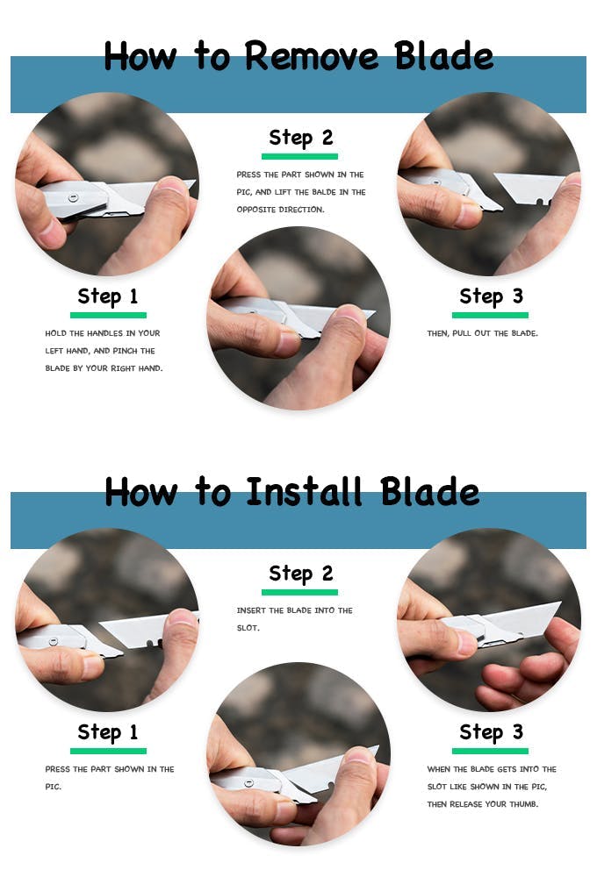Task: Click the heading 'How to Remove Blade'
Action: click(x=298, y=56)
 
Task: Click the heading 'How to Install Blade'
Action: click(x=291, y=492)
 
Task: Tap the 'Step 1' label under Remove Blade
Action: click(x=107, y=296)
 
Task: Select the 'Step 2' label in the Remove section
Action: click(x=301, y=138)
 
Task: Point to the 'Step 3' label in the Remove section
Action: click(x=491, y=296)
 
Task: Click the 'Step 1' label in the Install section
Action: click(x=107, y=732)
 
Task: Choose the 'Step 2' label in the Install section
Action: click(x=301, y=574)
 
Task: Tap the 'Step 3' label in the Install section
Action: click(x=491, y=732)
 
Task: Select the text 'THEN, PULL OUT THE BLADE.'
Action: click(x=482, y=333)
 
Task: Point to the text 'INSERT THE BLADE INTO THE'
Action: click(x=295, y=610)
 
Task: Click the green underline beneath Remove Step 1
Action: click(x=108, y=315)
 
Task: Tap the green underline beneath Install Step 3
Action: click(x=490, y=752)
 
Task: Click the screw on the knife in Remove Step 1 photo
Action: click(x=73, y=197)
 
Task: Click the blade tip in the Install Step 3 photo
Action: click(x=559, y=603)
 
